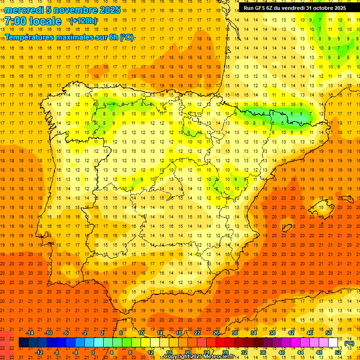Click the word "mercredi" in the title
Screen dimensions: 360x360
(x=24, y=10)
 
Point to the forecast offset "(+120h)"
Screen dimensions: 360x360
(x=83, y=21)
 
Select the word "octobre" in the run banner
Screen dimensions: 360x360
(x=319, y=8)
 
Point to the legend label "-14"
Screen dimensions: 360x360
(x=30, y=333)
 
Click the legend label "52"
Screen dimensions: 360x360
(x=338, y=352)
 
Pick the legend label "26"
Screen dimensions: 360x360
(x=216, y=333)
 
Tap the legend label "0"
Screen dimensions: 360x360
(x=93, y=352)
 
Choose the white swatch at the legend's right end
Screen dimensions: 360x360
(x=333, y=343)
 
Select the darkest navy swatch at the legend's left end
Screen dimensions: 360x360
(x=23, y=343)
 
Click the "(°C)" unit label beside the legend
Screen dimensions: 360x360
(x=349, y=343)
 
